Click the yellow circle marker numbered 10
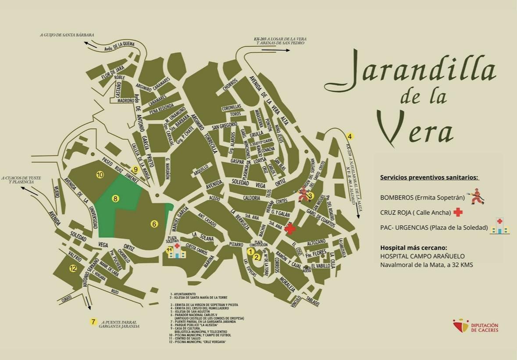pyautogui.click(x=100, y=175)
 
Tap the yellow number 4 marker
pyautogui.click(x=350, y=135)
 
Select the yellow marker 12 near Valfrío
pyautogui.click(x=73, y=268)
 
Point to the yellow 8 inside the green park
pyautogui.click(x=115, y=199)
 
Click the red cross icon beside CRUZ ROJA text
pyautogui.click(x=458, y=212)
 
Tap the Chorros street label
pyautogui.click(x=230, y=85)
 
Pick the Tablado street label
pyautogui.click(x=313, y=301)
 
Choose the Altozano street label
pyautogui.click(x=316, y=242)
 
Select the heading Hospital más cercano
pyautogui.click(x=414, y=247)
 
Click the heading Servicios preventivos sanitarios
pyautogui.click(x=429, y=178)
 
